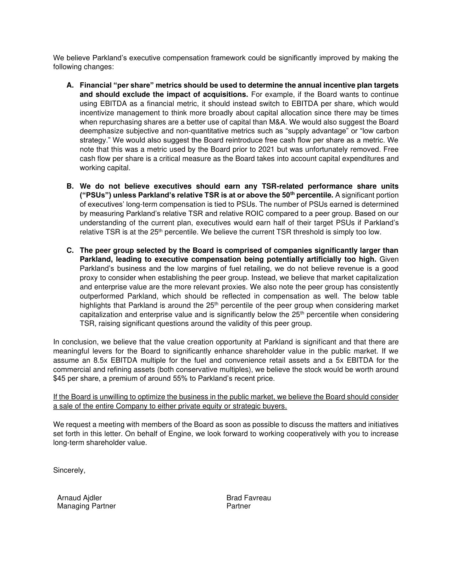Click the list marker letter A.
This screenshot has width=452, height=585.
click(69, 85)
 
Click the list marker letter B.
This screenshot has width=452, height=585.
click(69, 186)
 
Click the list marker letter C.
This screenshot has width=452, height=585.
click(69, 250)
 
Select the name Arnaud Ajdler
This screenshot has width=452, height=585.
click(79, 498)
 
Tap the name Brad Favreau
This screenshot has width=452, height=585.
click(249, 498)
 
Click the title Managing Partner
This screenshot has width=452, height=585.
click(87, 506)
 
